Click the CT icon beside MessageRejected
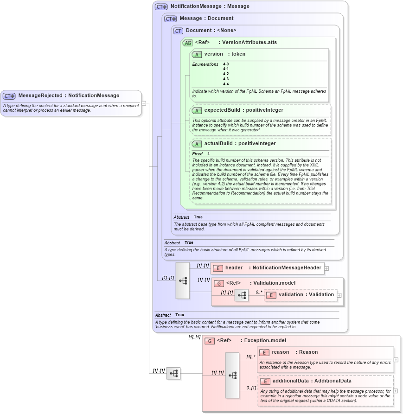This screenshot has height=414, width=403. click(9, 96)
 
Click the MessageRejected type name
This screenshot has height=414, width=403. click(40, 96)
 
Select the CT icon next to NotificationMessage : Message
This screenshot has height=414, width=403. click(161, 7)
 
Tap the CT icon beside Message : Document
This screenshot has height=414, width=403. click(171, 19)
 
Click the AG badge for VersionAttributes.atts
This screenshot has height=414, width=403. click(187, 43)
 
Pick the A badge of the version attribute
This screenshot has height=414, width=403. click(197, 54)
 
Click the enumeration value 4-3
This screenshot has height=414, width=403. click(226, 79)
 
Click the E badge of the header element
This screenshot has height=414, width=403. click(218, 268)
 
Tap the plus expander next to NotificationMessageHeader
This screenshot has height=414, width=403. click(326, 268)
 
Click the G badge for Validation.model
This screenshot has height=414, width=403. click(219, 283)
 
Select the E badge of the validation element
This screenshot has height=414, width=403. click(271, 295)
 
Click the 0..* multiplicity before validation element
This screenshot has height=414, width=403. click(258, 293)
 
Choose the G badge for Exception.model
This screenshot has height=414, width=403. click(210, 341)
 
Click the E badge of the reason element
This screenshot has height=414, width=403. click(264, 352)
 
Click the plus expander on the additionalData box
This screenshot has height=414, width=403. click(396, 391)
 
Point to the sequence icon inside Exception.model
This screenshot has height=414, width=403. click(232, 375)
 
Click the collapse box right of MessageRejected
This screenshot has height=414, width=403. click(144, 103)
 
